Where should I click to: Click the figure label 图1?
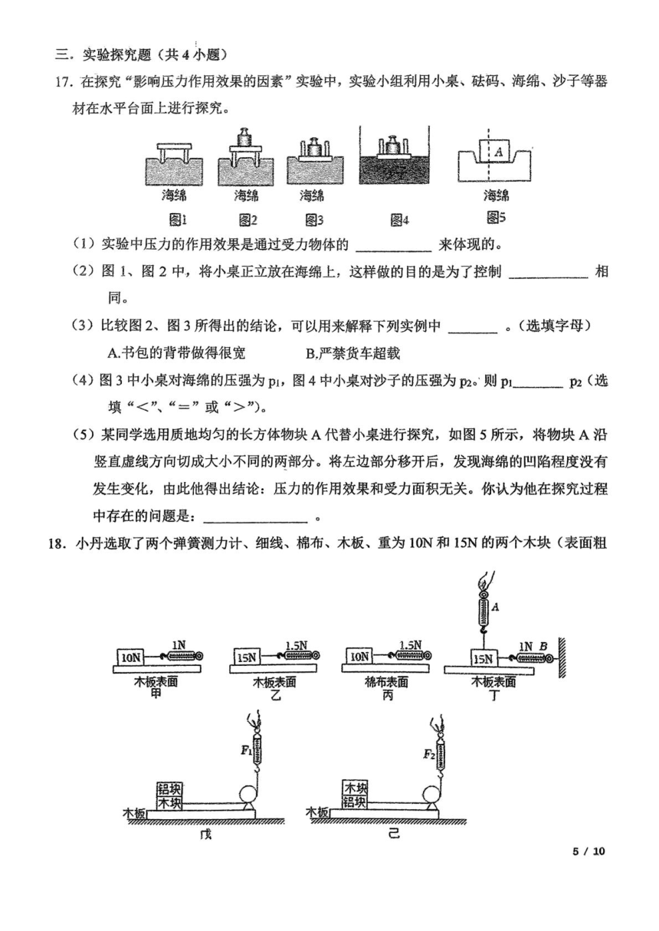[x=178, y=220]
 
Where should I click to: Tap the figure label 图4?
[x=399, y=220]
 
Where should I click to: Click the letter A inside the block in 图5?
[x=499, y=152]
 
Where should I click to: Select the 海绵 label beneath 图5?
[x=496, y=195]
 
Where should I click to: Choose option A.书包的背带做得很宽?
[x=176, y=353]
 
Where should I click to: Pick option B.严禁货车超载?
[x=352, y=353]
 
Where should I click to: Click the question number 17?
[x=65, y=81]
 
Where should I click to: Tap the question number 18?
[x=57, y=543]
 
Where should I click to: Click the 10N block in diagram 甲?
[x=131, y=657]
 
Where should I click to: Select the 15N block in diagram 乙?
[x=247, y=657]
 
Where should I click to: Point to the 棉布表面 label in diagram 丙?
[x=387, y=682]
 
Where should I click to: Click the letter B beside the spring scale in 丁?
[x=543, y=646]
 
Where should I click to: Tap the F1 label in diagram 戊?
[x=246, y=751]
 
